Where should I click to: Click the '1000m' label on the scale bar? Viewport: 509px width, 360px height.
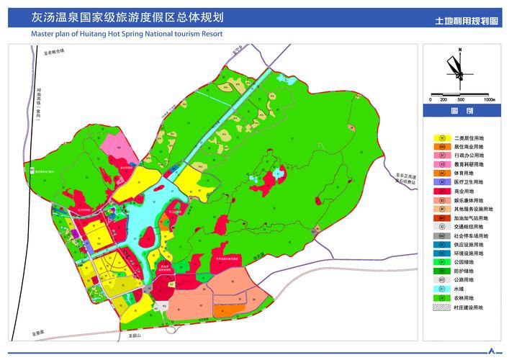[490, 100]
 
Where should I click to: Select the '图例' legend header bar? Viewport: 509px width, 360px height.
[461, 112]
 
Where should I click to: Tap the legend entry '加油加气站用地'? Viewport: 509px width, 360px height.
[471, 218]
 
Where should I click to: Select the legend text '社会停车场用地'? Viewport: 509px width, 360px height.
[471, 236]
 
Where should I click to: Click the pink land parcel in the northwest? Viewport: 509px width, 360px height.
[115, 152]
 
